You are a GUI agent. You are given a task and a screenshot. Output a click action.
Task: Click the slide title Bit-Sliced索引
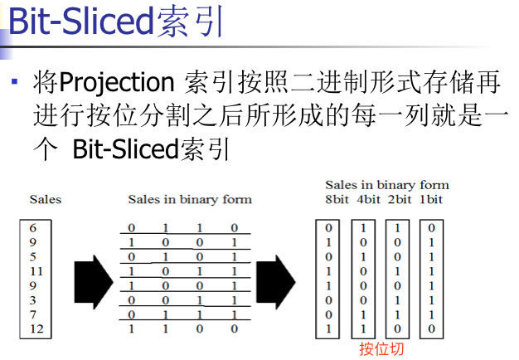point(115,22)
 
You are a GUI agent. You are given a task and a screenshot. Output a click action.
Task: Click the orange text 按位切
point(381,349)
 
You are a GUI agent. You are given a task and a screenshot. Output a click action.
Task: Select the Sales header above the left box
point(46,199)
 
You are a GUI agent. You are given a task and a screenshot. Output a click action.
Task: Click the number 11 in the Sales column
point(34,271)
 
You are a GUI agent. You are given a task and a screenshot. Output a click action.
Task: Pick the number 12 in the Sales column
point(34,329)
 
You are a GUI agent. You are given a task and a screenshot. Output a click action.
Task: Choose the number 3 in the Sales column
point(32,300)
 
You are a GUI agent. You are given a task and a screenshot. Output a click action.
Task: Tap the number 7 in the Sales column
point(32,315)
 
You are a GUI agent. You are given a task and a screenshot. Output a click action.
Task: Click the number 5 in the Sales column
point(32,256)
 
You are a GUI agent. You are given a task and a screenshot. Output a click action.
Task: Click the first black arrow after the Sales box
point(93,276)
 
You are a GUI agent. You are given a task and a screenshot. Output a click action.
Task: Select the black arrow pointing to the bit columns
point(276,276)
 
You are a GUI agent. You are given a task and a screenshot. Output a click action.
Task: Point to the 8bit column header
point(336,199)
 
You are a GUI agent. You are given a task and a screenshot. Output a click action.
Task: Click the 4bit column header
point(368,199)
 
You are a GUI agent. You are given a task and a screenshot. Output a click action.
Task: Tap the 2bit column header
point(400,199)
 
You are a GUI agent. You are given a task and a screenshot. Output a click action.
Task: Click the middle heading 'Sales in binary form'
point(190,199)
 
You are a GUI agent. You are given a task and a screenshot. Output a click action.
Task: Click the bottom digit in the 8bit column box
point(328,329)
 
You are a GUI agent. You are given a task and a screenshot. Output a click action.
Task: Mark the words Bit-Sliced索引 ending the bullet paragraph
point(150,150)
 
